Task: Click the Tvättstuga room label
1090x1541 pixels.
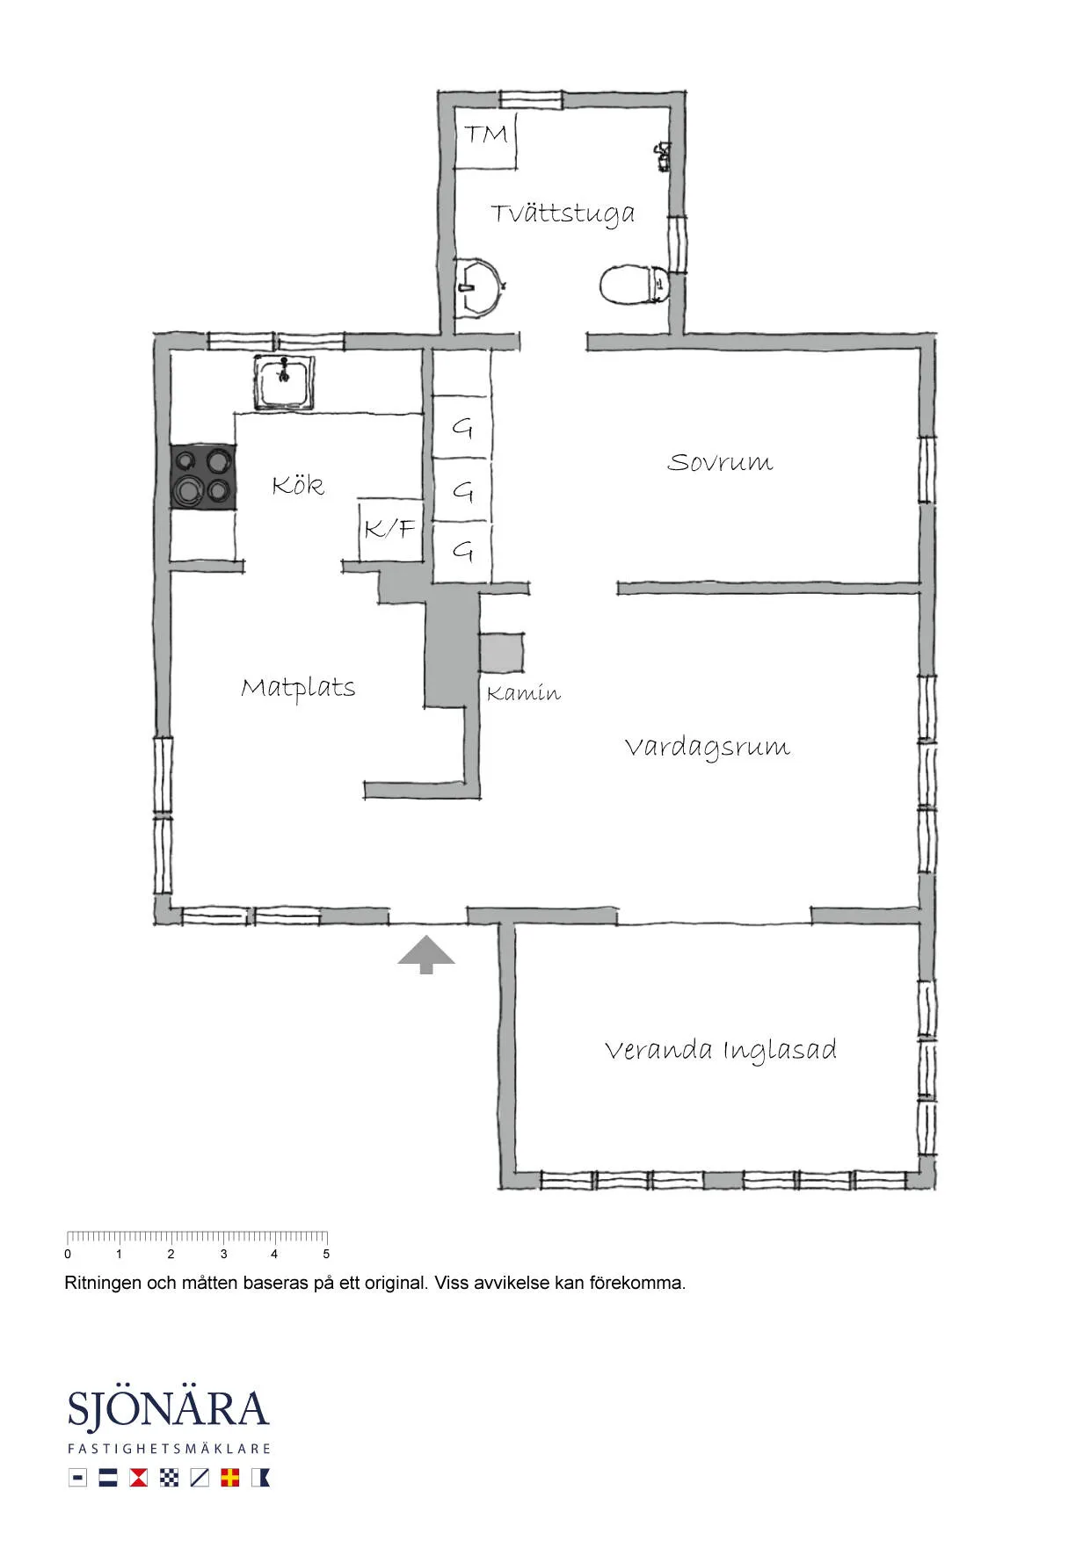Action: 563,213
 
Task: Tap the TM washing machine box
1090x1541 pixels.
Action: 485,141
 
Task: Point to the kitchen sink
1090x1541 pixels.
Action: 284,382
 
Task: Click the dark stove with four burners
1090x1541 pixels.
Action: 203,477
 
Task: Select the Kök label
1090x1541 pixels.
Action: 298,485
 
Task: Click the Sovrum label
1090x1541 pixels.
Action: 720,462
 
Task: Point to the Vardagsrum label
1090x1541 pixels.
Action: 708,748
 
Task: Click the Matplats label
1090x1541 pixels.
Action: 298,688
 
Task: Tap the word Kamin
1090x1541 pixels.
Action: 523,693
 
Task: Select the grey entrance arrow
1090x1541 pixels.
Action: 426,955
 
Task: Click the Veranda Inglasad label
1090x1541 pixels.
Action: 721,1050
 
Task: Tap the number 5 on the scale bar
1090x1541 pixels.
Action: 326,1255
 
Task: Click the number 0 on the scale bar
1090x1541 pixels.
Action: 68,1255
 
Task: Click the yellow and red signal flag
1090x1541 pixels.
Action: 230,1478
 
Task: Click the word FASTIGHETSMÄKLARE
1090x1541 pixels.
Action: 169,1449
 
